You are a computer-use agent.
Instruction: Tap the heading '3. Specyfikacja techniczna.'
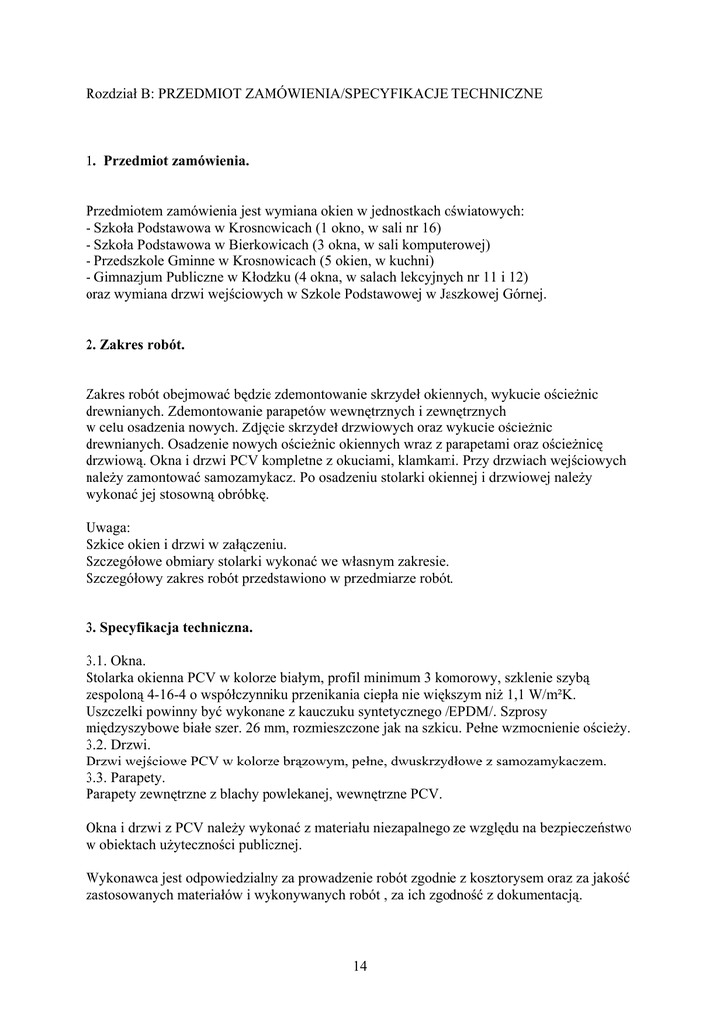169,628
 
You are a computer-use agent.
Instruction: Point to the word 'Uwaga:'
108,527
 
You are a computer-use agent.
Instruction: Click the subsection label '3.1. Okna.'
116,661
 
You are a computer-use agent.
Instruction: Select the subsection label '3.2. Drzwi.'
118,745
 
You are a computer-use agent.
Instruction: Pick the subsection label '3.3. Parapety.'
127,777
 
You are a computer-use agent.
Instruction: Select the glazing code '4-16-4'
160,695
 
